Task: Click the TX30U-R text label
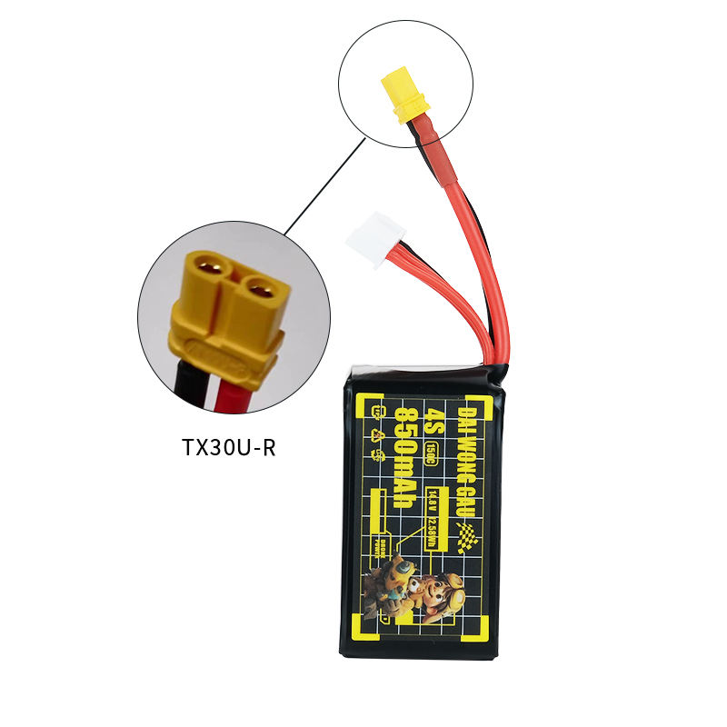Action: click(x=227, y=447)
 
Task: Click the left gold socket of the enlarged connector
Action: click(x=207, y=271)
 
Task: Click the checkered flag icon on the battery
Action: click(x=470, y=543)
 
